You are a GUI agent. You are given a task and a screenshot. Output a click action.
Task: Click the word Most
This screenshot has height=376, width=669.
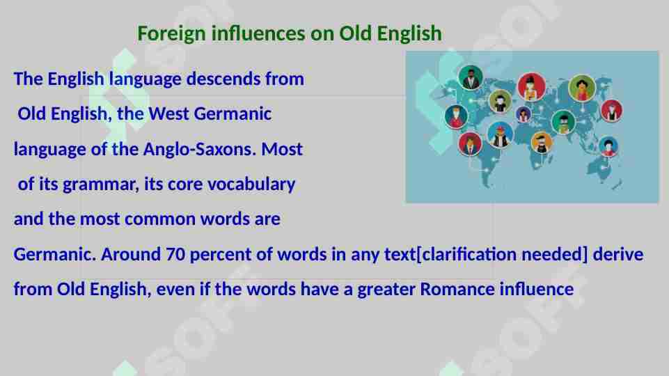tap(282, 150)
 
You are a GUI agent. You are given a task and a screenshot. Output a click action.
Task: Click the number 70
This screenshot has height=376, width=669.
tap(176, 255)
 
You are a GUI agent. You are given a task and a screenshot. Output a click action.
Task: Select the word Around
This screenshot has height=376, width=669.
tap(132, 255)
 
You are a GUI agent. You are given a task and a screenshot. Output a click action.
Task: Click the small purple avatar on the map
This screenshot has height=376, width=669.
tap(523, 114)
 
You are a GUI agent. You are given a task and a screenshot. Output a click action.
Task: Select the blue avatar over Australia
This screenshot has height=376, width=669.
tap(608, 147)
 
